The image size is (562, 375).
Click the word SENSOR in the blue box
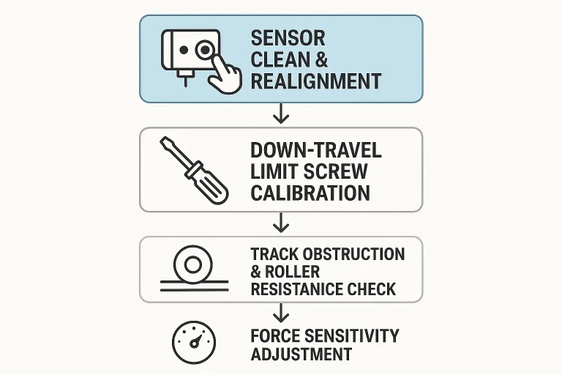[x=288, y=38]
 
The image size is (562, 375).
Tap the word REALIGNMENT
[x=316, y=81]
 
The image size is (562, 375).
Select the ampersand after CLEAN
[x=321, y=59]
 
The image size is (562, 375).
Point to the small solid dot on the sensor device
[x=184, y=50]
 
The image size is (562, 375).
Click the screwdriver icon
[x=194, y=171]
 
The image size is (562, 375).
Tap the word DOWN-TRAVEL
[x=316, y=150]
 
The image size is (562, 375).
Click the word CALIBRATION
[x=310, y=193]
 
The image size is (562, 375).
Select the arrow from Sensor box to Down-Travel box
[x=281, y=114]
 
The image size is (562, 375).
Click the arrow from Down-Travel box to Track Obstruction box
[x=281, y=222]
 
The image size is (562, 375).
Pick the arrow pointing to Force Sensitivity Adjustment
[x=281, y=313]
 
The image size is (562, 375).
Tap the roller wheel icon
[x=193, y=266]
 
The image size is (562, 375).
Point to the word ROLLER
[x=292, y=272]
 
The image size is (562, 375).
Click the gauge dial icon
[x=194, y=342]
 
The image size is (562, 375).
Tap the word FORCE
[x=271, y=336]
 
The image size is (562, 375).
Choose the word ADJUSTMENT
[x=301, y=354]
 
